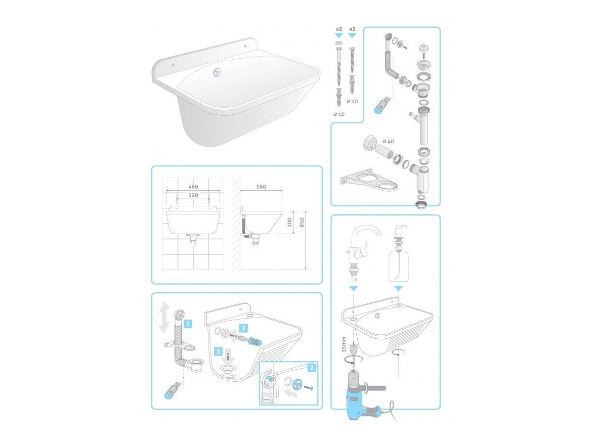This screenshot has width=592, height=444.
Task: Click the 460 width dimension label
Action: [193, 187]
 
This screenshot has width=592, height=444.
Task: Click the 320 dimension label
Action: [193, 195]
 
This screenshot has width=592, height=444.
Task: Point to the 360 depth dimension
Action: [261, 187]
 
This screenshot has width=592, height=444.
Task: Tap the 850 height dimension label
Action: [302, 223]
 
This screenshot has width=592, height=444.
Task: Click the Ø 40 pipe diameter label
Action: [389, 141]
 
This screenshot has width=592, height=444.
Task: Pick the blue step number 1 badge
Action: [188, 323]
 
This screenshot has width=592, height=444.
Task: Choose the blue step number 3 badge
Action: [218, 351]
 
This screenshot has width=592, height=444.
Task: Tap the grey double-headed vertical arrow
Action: [163, 317]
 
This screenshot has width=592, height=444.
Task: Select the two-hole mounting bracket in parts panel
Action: [369, 181]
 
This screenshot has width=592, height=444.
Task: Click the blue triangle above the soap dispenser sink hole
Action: [399, 289]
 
